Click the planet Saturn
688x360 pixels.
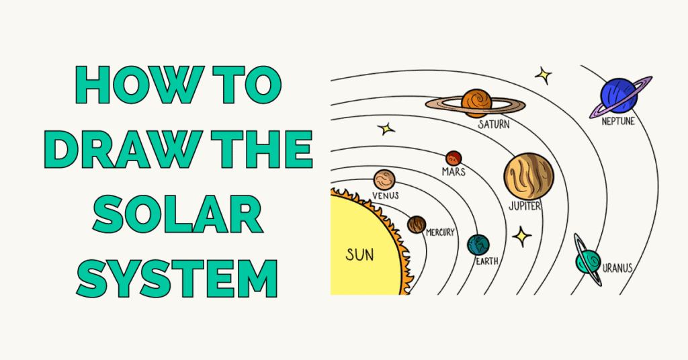476,101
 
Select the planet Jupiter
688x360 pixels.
528,176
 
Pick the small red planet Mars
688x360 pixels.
454,158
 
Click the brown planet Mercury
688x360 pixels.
417,224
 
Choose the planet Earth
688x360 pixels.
479,244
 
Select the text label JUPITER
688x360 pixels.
525,206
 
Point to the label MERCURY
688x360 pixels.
440,232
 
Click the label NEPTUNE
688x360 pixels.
618,122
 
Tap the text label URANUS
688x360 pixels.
617,269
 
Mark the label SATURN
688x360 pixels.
493,124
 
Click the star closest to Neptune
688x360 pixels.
543,75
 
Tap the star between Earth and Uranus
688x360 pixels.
521,236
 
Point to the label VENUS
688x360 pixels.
384,195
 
